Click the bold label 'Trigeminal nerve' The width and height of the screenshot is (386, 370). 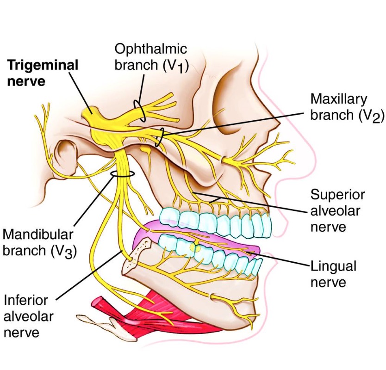click(43, 73)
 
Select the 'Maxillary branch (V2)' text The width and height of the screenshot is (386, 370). click(347, 107)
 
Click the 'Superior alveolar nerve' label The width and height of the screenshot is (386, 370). click(337, 210)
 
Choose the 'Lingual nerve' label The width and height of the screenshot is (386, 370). click(333, 274)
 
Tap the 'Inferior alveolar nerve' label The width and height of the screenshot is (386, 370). click(28, 317)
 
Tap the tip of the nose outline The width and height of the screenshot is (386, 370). click(314, 163)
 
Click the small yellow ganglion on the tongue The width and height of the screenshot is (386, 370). click(194, 248)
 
